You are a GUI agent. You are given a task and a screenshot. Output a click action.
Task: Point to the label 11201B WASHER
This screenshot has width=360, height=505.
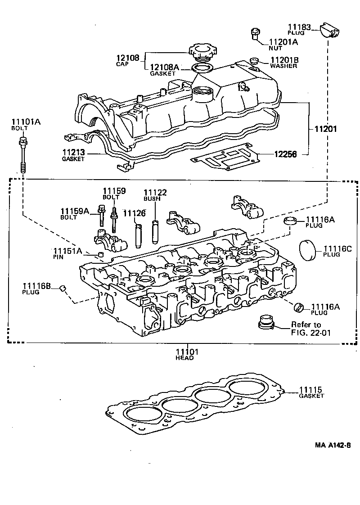[x=283, y=62]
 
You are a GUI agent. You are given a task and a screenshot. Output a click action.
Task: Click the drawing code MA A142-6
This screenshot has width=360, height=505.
[x=333, y=445]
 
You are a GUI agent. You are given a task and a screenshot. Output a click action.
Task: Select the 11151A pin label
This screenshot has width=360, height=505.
[x=67, y=253]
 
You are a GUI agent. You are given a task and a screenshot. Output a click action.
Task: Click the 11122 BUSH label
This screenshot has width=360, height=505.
[x=155, y=195]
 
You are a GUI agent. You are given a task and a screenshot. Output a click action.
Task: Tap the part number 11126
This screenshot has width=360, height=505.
[x=134, y=213]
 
